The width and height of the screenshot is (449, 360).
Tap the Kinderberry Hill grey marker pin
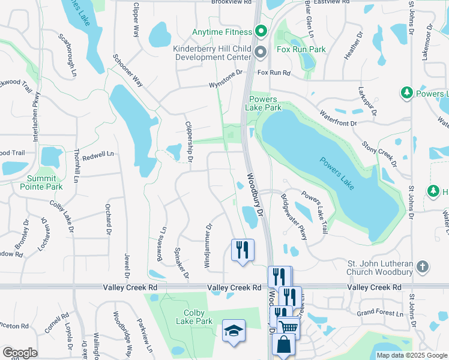261,52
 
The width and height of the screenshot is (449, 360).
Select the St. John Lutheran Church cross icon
423,266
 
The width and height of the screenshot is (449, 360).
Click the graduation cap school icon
233,331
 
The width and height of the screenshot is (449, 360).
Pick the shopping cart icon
289,328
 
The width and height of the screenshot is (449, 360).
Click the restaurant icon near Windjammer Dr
243,249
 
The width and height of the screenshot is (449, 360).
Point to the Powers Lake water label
337,174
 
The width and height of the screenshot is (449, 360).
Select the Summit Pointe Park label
45,183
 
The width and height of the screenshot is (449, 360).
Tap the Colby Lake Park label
194,317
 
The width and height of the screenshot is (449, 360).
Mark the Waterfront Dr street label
338,118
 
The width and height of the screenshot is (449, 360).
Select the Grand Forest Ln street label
380,313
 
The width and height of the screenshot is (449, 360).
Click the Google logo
19,353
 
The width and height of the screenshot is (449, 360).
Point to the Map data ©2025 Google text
412,355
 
